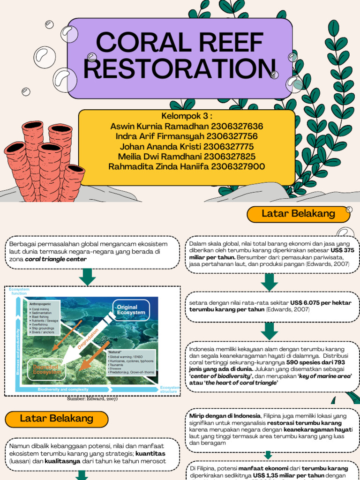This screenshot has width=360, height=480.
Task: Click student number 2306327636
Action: click(237, 127)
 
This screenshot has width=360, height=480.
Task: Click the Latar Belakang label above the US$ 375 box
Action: click(298, 214)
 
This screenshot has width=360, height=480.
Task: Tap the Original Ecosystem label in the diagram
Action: click(131, 310)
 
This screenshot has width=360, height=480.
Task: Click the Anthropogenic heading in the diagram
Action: click(43, 304)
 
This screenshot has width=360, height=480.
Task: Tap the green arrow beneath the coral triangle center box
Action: click(87, 277)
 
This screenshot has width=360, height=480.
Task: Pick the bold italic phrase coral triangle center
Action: click(56, 259)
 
